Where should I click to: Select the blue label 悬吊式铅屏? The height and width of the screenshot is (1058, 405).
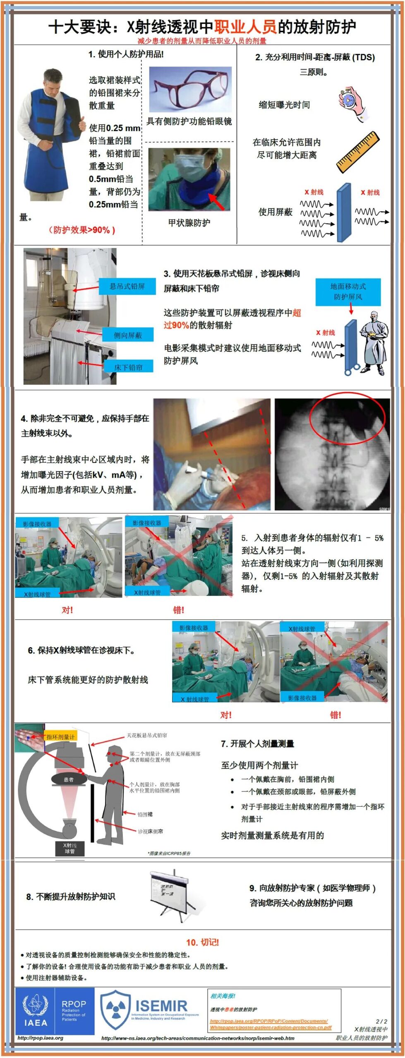click(127, 286)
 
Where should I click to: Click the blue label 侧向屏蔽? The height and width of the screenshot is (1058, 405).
click(128, 335)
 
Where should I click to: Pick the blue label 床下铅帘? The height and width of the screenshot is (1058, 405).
click(128, 367)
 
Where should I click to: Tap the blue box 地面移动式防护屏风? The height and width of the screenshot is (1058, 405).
click(348, 291)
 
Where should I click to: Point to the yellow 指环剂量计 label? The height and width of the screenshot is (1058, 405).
click(60, 736)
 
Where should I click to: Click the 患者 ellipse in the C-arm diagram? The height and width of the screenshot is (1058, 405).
click(69, 779)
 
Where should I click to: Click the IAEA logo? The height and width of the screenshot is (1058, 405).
click(36, 1011)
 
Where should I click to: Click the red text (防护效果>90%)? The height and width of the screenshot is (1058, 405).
click(81, 230)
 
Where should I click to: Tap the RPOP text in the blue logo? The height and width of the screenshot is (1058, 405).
click(74, 1003)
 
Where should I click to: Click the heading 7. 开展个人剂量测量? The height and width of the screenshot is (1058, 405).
click(257, 744)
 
